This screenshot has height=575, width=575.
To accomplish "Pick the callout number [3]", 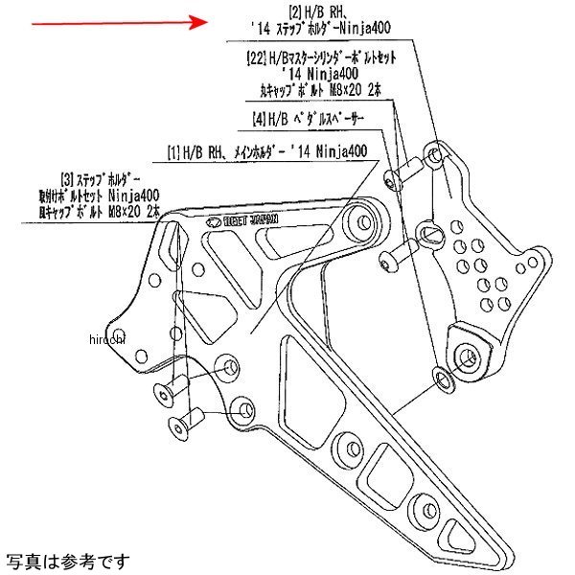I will (69, 178).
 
